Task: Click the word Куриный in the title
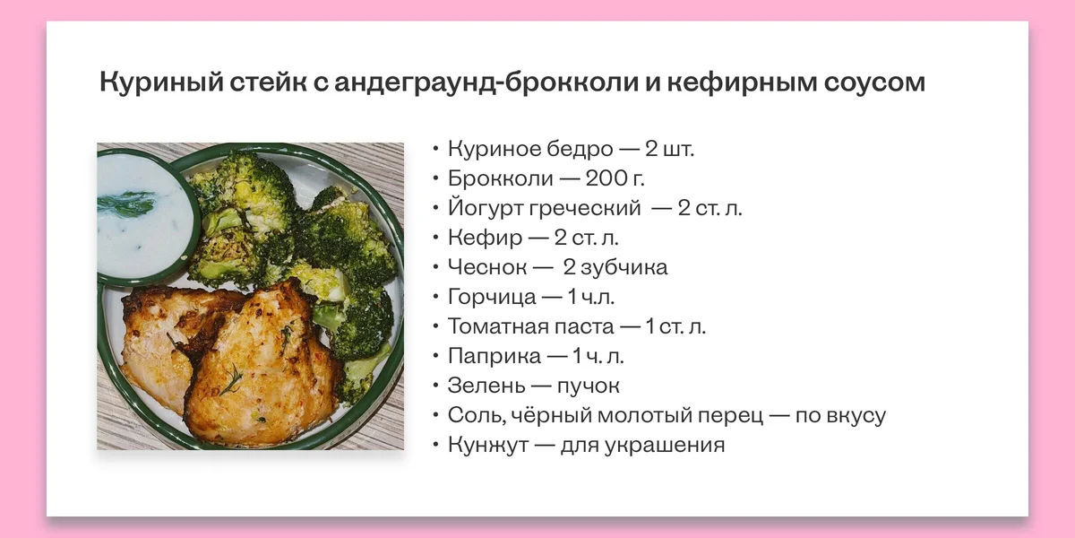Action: (153, 83)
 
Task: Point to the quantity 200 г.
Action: (615, 178)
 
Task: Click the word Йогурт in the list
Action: (485, 208)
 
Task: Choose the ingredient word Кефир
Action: (483, 238)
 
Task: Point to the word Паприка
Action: (494, 356)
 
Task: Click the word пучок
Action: (589, 386)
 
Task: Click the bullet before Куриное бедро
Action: (435, 150)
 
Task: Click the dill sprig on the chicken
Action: (232, 382)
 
